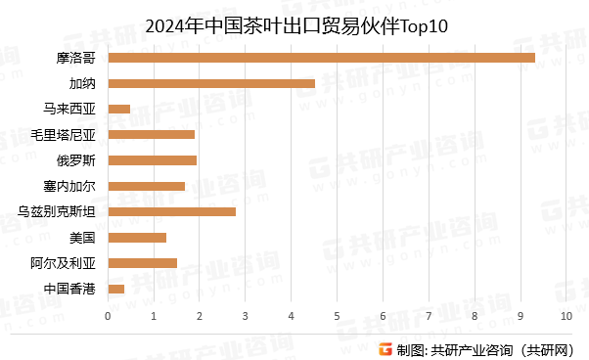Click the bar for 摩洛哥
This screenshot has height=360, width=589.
point(321,58)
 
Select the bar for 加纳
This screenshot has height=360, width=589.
point(211,83)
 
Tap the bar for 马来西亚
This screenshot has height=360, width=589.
point(118,109)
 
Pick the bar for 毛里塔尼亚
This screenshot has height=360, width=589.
point(151,134)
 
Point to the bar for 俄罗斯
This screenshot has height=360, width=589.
point(152,159)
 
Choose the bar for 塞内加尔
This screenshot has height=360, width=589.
point(146,186)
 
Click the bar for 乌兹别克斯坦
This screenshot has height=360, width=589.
point(171,211)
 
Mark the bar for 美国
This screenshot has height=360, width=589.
point(137,237)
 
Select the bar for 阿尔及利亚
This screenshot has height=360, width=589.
point(142,262)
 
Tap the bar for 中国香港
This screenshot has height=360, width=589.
point(115,289)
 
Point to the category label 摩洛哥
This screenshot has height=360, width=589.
point(76,58)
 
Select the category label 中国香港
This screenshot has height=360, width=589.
point(69,289)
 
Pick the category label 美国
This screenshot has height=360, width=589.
point(82,237)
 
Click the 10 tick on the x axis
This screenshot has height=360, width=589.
point(566,315)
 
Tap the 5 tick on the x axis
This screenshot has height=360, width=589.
point(337,315)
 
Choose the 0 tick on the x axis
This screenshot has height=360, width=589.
point(108,315)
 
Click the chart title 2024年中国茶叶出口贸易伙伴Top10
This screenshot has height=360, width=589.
point(294,26)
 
